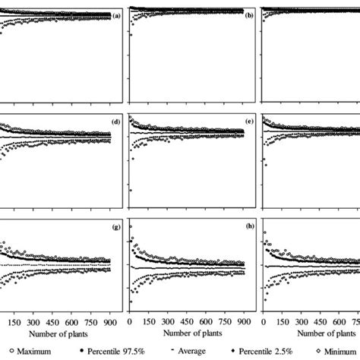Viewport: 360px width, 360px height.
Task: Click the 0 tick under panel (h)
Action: tap(131, 321)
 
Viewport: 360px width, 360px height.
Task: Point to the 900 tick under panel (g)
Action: tap(111, 321)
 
